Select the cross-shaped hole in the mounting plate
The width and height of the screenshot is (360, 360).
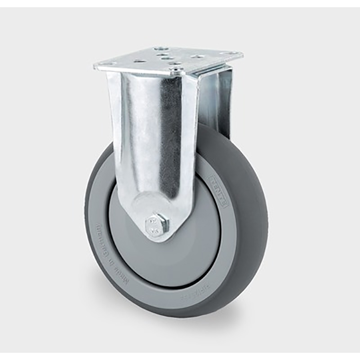(x=138, y=61)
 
